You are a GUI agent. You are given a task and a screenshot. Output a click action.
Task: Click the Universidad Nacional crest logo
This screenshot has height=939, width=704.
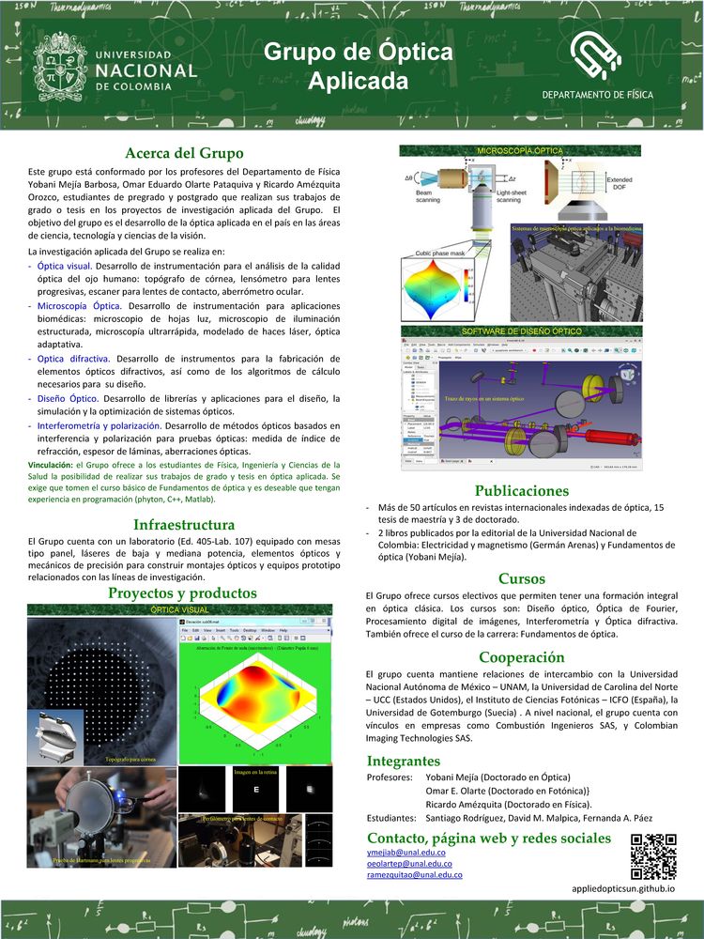61,69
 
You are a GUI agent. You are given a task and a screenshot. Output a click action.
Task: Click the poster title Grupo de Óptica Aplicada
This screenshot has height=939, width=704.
358,66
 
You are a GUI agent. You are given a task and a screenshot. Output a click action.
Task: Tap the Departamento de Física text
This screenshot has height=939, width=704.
597,96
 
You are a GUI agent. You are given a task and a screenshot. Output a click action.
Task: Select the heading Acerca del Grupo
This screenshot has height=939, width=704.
184,153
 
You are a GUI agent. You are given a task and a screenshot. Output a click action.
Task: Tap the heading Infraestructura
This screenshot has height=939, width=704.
184,524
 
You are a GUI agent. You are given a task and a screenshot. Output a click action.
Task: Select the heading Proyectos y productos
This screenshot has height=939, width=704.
182,593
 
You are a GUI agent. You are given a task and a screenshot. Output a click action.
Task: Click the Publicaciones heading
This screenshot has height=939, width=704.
522,490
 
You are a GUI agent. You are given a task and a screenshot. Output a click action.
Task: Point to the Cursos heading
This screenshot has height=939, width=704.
522,578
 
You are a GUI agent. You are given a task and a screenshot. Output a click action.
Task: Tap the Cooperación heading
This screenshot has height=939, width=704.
522,656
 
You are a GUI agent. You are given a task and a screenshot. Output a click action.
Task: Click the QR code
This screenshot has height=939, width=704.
653,855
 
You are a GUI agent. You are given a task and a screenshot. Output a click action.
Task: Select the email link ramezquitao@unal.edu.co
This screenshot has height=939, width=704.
415,875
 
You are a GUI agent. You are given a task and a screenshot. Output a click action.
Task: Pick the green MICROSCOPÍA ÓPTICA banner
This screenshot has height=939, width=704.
520,150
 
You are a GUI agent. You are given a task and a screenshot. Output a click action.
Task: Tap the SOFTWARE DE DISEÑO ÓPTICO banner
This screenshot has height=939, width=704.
520,331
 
